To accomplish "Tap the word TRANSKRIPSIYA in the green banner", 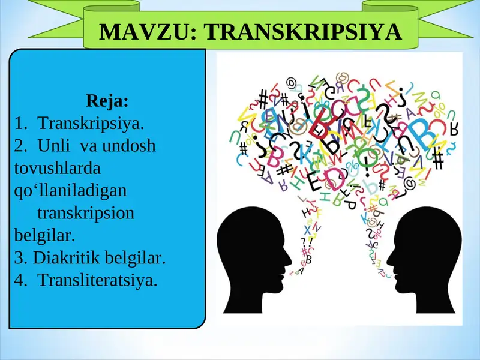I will point(303,32).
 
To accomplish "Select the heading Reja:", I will point(107,100).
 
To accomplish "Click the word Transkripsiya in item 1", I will point(91,124).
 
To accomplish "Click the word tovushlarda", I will point(57,168).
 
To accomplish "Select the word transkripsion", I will point(86,213).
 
